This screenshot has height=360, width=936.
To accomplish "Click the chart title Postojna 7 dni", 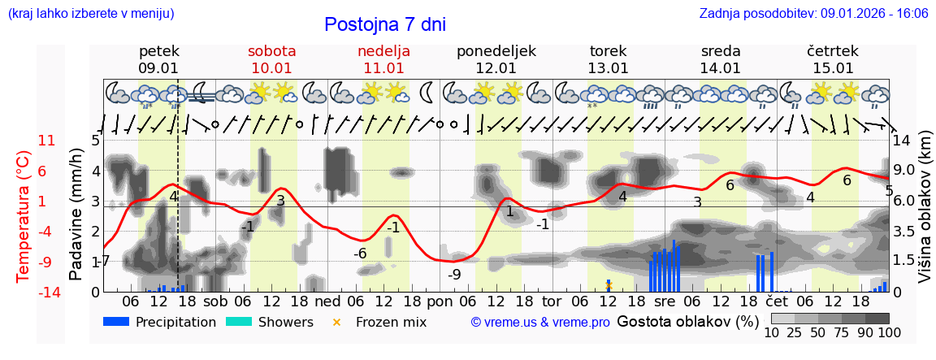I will [385, 24].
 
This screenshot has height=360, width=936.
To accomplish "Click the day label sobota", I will [271, 51].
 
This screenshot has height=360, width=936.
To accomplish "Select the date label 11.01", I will [383, 68].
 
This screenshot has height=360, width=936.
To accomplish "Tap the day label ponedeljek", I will [496, 51].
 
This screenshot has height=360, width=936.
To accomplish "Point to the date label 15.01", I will [834, 68].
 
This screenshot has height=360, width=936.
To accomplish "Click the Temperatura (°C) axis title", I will [24, 216].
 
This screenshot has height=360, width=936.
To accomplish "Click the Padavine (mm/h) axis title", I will [76, 215].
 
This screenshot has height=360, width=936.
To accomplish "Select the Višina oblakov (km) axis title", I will [925, 215].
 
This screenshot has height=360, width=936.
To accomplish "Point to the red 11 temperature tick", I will [47, 141].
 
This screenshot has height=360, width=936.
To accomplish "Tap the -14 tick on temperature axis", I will [50, 293].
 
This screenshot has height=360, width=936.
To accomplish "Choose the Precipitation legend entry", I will [160, 322].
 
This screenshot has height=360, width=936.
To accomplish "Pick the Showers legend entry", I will [269, 322].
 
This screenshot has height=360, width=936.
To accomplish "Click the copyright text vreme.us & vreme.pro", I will [540, 322].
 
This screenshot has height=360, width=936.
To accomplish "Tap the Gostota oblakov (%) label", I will [687, 321].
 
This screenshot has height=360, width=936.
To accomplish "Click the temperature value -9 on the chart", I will [454, 275].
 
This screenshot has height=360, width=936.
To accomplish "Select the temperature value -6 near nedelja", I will [360, 254].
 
